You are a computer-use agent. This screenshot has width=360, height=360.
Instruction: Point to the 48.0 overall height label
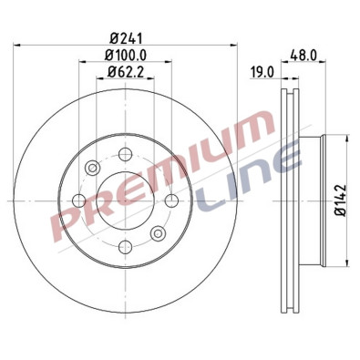pyautogui.click(x=303, y=55)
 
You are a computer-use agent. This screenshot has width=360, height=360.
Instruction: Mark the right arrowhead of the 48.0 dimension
pyautogui.click(x=324, y=63)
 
